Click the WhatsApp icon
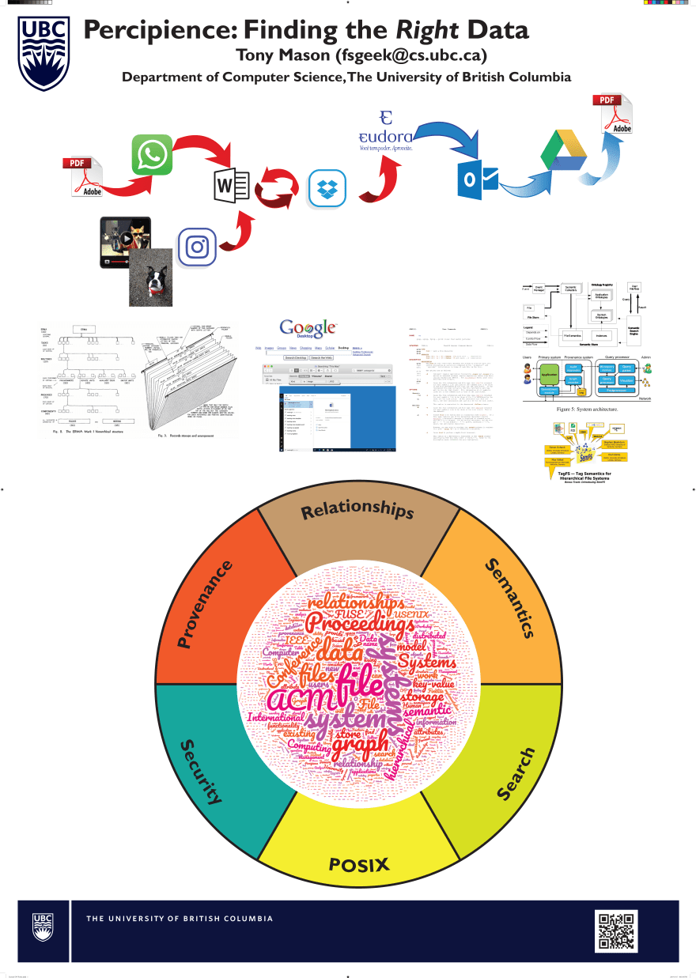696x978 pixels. click(x=152, y=154)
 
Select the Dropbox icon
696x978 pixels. click(x=327, y=189)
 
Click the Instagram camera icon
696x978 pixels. click(x=197, y=247)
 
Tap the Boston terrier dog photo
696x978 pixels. click(x=150, y=278)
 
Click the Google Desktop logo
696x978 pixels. click(x=308, y=328)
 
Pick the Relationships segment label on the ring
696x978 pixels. click(x=357, y=511)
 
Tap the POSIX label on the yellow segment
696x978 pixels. click(x=359, y=864)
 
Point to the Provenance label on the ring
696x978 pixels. click(x=206, y=604)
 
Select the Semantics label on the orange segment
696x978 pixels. click(x=510, y=597)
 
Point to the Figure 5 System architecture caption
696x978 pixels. click(x=586, y=411)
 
